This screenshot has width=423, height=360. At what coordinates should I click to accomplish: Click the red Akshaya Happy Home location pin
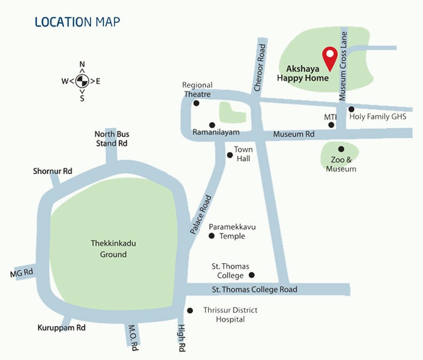point(329,58)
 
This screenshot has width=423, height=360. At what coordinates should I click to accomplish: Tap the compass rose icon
point(82,81)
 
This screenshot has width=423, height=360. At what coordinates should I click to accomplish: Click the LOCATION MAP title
point(77,22)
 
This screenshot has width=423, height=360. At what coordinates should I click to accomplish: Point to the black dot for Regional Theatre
point(196,103)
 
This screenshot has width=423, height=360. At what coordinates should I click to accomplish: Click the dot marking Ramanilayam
point(212,125)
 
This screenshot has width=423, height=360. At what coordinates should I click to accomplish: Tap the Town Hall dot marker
point(230,155)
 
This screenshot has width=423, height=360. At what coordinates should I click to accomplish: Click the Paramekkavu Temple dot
point(211,236)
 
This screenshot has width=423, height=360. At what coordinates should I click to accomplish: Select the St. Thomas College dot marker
point(252,275)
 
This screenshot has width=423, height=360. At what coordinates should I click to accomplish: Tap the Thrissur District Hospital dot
point(190,311)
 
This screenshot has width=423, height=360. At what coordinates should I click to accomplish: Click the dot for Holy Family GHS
point(351,109)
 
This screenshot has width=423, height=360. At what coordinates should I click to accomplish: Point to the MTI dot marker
point(332,125)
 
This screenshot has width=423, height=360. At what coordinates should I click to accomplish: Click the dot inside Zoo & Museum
point(341,149)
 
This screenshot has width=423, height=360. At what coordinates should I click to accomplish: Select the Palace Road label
point(201,215)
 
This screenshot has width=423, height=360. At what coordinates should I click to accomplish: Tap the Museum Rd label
point(294,134)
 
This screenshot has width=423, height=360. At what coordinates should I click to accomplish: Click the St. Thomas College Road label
point(254,289)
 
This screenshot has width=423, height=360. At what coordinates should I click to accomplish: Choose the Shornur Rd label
point(53,171)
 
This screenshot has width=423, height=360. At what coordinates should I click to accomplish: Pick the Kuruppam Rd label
point(62,328)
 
